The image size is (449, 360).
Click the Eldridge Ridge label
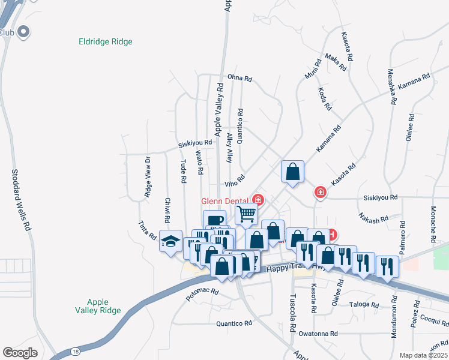[106, 42]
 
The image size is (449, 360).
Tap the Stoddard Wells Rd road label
[20, 200]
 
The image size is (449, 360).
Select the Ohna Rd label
[240, 78]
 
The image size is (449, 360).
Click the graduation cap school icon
[170, 241]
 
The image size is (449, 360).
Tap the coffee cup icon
[214, 220]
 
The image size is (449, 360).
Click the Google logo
[20, 353]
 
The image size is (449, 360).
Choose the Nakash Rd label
[375, 218]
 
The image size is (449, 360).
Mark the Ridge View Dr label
[148, 177]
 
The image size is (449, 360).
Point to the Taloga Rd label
[364, 305]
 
